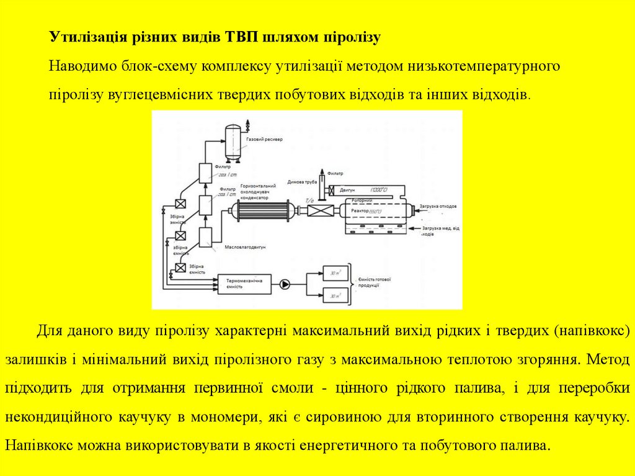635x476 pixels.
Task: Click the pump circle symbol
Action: pyautogui.click(x=285, y=284)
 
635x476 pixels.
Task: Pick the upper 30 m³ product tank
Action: pyautogui.click(x=334, y=273)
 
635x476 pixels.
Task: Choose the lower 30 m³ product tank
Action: pyautogui.click(x=334, y=296)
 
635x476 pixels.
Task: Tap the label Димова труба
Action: pyautogui.click(x=302, y=182)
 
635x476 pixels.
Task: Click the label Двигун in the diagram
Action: pyautogui.click(x=348, y=189)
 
